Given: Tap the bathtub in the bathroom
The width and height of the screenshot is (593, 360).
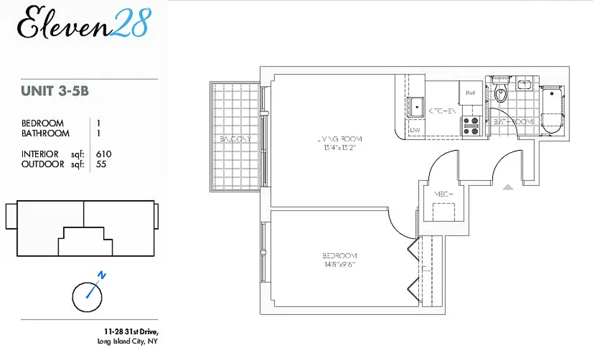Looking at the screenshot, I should click(552, 111).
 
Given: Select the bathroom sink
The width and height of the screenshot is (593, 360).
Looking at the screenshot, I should click(525, 84).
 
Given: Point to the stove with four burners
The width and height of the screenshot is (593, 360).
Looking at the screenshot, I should click(471, 126).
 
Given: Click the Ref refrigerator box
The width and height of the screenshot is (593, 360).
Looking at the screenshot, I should click(471, 93).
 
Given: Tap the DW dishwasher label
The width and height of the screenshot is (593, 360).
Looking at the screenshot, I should click(415, 130).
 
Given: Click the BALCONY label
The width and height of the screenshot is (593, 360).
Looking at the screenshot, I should click(235, 139).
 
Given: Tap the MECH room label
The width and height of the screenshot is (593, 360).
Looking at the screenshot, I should click(443, 194).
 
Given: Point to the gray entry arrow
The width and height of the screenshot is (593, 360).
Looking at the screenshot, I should click(508, 187).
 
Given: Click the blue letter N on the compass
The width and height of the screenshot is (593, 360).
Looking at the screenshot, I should click(102, 275).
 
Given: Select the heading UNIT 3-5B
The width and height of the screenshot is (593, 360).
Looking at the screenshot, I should click(55, 91).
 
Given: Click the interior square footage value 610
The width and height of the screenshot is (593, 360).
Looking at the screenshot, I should click(104, 154).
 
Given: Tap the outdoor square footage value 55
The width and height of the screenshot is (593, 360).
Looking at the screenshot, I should click(101, 164).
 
